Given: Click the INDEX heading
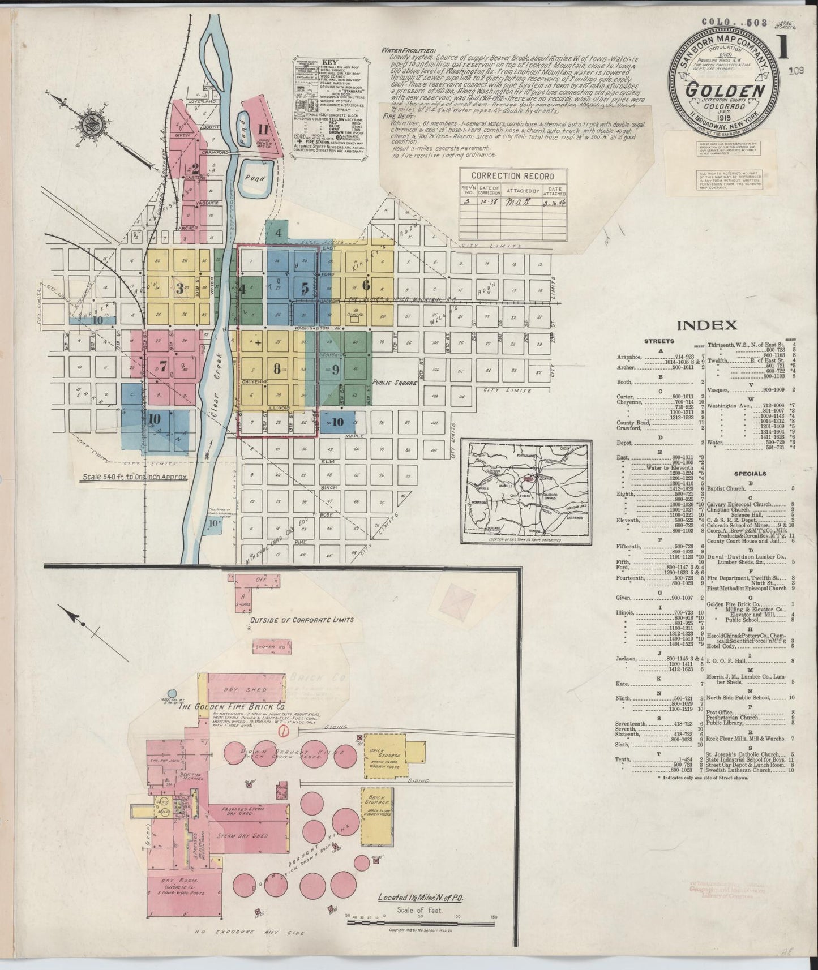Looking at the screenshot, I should tap(706, 325).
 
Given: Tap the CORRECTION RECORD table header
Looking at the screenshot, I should tap(508, 176).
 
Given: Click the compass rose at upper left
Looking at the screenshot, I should tap(89, 127).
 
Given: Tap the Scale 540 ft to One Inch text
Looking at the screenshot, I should tap(134, 477).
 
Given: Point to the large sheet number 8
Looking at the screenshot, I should tap(276, 369).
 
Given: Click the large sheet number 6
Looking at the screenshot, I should tap(366, 285).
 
